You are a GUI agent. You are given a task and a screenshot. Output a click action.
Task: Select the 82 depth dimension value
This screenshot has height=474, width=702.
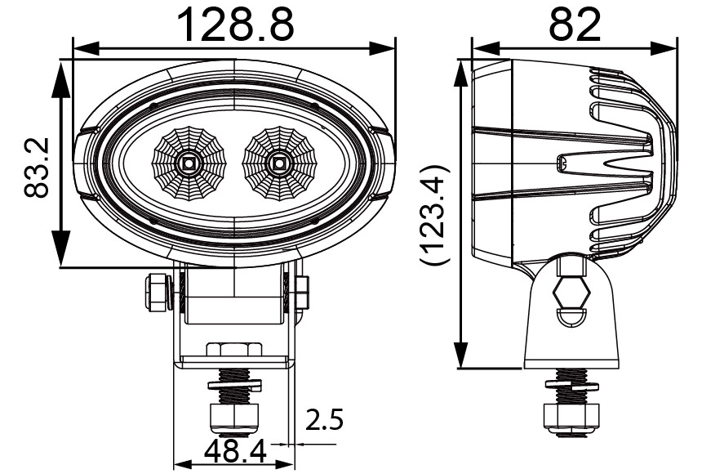[x=574, y=25]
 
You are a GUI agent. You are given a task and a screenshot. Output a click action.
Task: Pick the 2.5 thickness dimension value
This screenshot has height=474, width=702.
[x=324, y=421]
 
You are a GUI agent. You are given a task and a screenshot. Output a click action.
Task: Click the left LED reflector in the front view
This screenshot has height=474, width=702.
[x=189, y=163]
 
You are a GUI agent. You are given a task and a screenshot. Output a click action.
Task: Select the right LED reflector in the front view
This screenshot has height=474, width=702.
[x=278, y=163]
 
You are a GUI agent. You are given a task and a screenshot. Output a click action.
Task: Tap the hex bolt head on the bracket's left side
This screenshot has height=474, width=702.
[x=156, y=293]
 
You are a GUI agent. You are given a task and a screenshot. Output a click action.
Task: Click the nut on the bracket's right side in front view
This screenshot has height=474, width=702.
[x=301, y=292]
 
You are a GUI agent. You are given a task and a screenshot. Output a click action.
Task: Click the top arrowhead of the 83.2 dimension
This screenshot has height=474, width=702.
[x=62, y=74]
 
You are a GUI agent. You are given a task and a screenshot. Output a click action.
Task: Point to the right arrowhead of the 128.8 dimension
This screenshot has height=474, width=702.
[x=387, y=48]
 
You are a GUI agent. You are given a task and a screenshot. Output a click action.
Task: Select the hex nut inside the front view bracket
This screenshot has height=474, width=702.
[x=234, y=349]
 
